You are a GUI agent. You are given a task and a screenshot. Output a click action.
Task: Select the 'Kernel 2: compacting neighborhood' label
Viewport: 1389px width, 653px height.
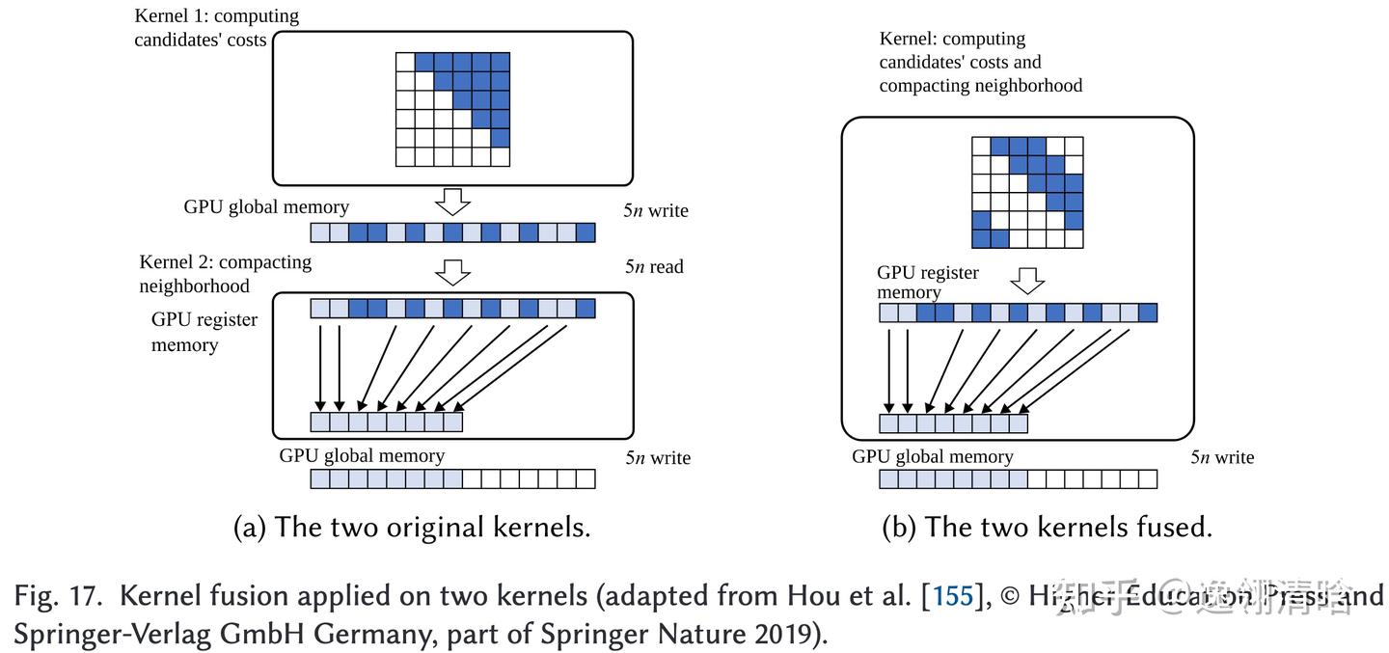point(225,274)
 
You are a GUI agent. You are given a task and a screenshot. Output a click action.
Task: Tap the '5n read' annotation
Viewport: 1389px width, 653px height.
point(654,266)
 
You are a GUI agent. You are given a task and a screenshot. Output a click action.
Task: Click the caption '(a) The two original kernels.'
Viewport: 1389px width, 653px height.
point(412,527)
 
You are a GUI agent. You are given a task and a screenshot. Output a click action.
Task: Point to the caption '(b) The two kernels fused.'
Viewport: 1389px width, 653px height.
point(1047,527)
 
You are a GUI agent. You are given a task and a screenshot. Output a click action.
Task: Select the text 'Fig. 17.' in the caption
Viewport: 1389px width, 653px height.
point(58,595)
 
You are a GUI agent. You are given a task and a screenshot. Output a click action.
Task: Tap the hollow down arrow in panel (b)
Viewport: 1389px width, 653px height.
point(1028,281)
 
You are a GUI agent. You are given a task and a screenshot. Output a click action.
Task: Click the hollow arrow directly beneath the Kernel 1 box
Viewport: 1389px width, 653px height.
point(452,202)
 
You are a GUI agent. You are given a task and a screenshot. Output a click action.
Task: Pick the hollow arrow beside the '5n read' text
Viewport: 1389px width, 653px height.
point(452,272)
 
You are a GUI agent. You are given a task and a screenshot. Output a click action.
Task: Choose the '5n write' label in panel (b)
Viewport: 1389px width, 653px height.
point(1222,457)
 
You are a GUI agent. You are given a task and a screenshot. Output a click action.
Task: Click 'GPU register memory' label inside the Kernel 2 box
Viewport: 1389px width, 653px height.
point(204,332)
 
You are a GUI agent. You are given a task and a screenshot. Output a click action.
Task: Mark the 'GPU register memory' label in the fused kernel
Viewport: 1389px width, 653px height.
point(927,283)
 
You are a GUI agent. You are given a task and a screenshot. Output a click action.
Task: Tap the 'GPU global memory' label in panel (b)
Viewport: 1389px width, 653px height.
point(932,456)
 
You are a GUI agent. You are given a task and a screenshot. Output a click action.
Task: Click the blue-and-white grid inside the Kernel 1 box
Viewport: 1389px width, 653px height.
point(452,109)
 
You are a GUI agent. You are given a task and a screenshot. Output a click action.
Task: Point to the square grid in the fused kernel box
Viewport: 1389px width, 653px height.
point(1027,192)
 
